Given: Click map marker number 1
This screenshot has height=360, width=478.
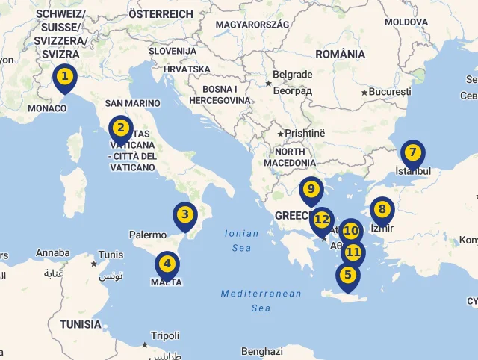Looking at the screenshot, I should pos(65,77).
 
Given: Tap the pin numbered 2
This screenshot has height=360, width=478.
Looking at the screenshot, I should pos(120,128).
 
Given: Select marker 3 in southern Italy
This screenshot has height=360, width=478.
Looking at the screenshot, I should pos(185,216).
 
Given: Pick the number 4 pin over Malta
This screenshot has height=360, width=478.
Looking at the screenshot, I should pos(167,264).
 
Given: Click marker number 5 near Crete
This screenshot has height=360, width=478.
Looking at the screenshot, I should pos(347,276).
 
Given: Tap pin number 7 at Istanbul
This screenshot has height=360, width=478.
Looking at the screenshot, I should pos(412,153).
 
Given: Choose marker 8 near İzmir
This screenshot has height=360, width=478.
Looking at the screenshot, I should pos(382,210).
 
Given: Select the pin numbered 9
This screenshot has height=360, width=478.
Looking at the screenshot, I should pos(311,190).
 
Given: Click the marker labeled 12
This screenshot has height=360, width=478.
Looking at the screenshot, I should pos(322,220).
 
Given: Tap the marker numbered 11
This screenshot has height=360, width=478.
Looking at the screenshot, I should pos(353,253).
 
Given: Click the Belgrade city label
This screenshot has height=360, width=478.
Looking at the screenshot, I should pos(293,75).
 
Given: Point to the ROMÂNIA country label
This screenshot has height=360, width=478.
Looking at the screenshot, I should pos(340,54).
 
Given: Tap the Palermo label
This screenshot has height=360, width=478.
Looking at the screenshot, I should pos(148,235).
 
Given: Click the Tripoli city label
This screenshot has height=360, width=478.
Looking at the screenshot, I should pos(165,335).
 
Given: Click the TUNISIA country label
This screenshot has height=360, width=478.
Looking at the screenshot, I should pos(81,324).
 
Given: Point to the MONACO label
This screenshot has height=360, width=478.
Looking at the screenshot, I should pos(46,108).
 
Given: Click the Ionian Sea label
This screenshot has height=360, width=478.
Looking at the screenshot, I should pos(241,240).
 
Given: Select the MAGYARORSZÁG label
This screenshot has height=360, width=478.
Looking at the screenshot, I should pos(252,25).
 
